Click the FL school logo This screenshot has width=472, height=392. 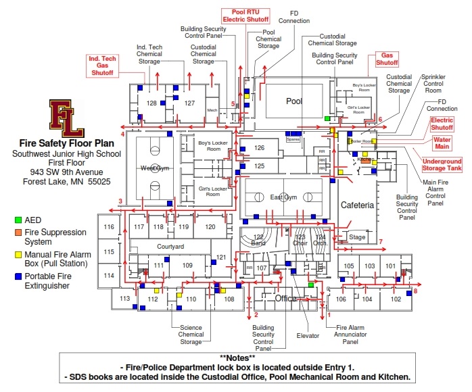pos(66,114)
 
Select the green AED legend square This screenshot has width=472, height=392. pos(18,220)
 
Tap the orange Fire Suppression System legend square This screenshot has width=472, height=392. pos(18,232)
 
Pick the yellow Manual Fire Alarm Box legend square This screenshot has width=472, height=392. pos(18,254)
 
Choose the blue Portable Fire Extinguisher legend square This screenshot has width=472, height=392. pos(18,276)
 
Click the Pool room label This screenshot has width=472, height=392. pos(293,101)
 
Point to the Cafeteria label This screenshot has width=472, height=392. pos(357,205)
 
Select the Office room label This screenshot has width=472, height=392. pos(285,298)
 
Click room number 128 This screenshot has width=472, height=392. pos(151,103)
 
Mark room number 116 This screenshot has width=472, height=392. pos(108,227)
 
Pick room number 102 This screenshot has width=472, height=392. pos(396,299)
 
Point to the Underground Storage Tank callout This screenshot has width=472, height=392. pos(442,165)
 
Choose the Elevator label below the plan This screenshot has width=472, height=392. pos(308,336)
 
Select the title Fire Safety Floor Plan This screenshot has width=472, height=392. pos(66,143)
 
